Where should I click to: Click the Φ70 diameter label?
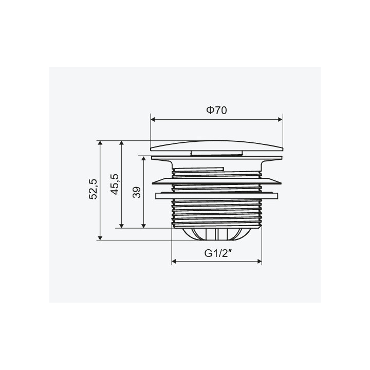point(217,110)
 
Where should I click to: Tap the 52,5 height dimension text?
point(93,189)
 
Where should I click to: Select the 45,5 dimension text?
point(115,184)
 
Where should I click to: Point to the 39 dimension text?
point(136,192)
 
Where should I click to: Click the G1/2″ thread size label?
point(217,253)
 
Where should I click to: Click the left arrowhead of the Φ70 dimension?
point(153,119)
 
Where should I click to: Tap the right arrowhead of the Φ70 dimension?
point(281,119)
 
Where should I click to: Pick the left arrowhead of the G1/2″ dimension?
point(174,261)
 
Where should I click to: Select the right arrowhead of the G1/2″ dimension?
point(260,261)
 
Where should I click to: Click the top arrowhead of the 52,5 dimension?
point(100,143)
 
